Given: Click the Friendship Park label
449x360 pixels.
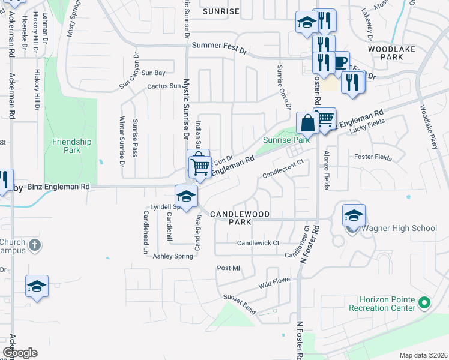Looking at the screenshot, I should coord(71,146).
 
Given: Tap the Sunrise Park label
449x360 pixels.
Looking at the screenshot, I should coord(286,140).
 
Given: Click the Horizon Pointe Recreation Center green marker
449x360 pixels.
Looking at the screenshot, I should coord(425,304).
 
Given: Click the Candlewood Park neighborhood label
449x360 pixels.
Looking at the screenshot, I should coord(240,217).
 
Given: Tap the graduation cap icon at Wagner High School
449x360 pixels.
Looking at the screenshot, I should coord(354,215).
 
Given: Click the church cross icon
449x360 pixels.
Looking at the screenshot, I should coord(35,245).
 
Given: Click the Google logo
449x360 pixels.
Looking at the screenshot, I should coord(20,353).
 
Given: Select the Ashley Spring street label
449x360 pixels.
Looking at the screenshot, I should coord(173,256).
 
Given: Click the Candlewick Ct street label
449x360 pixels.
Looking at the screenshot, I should coord(258,243).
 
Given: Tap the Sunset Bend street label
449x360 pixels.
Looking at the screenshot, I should coord(239,297).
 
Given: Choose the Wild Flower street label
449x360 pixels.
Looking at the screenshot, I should coord(275,281).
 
